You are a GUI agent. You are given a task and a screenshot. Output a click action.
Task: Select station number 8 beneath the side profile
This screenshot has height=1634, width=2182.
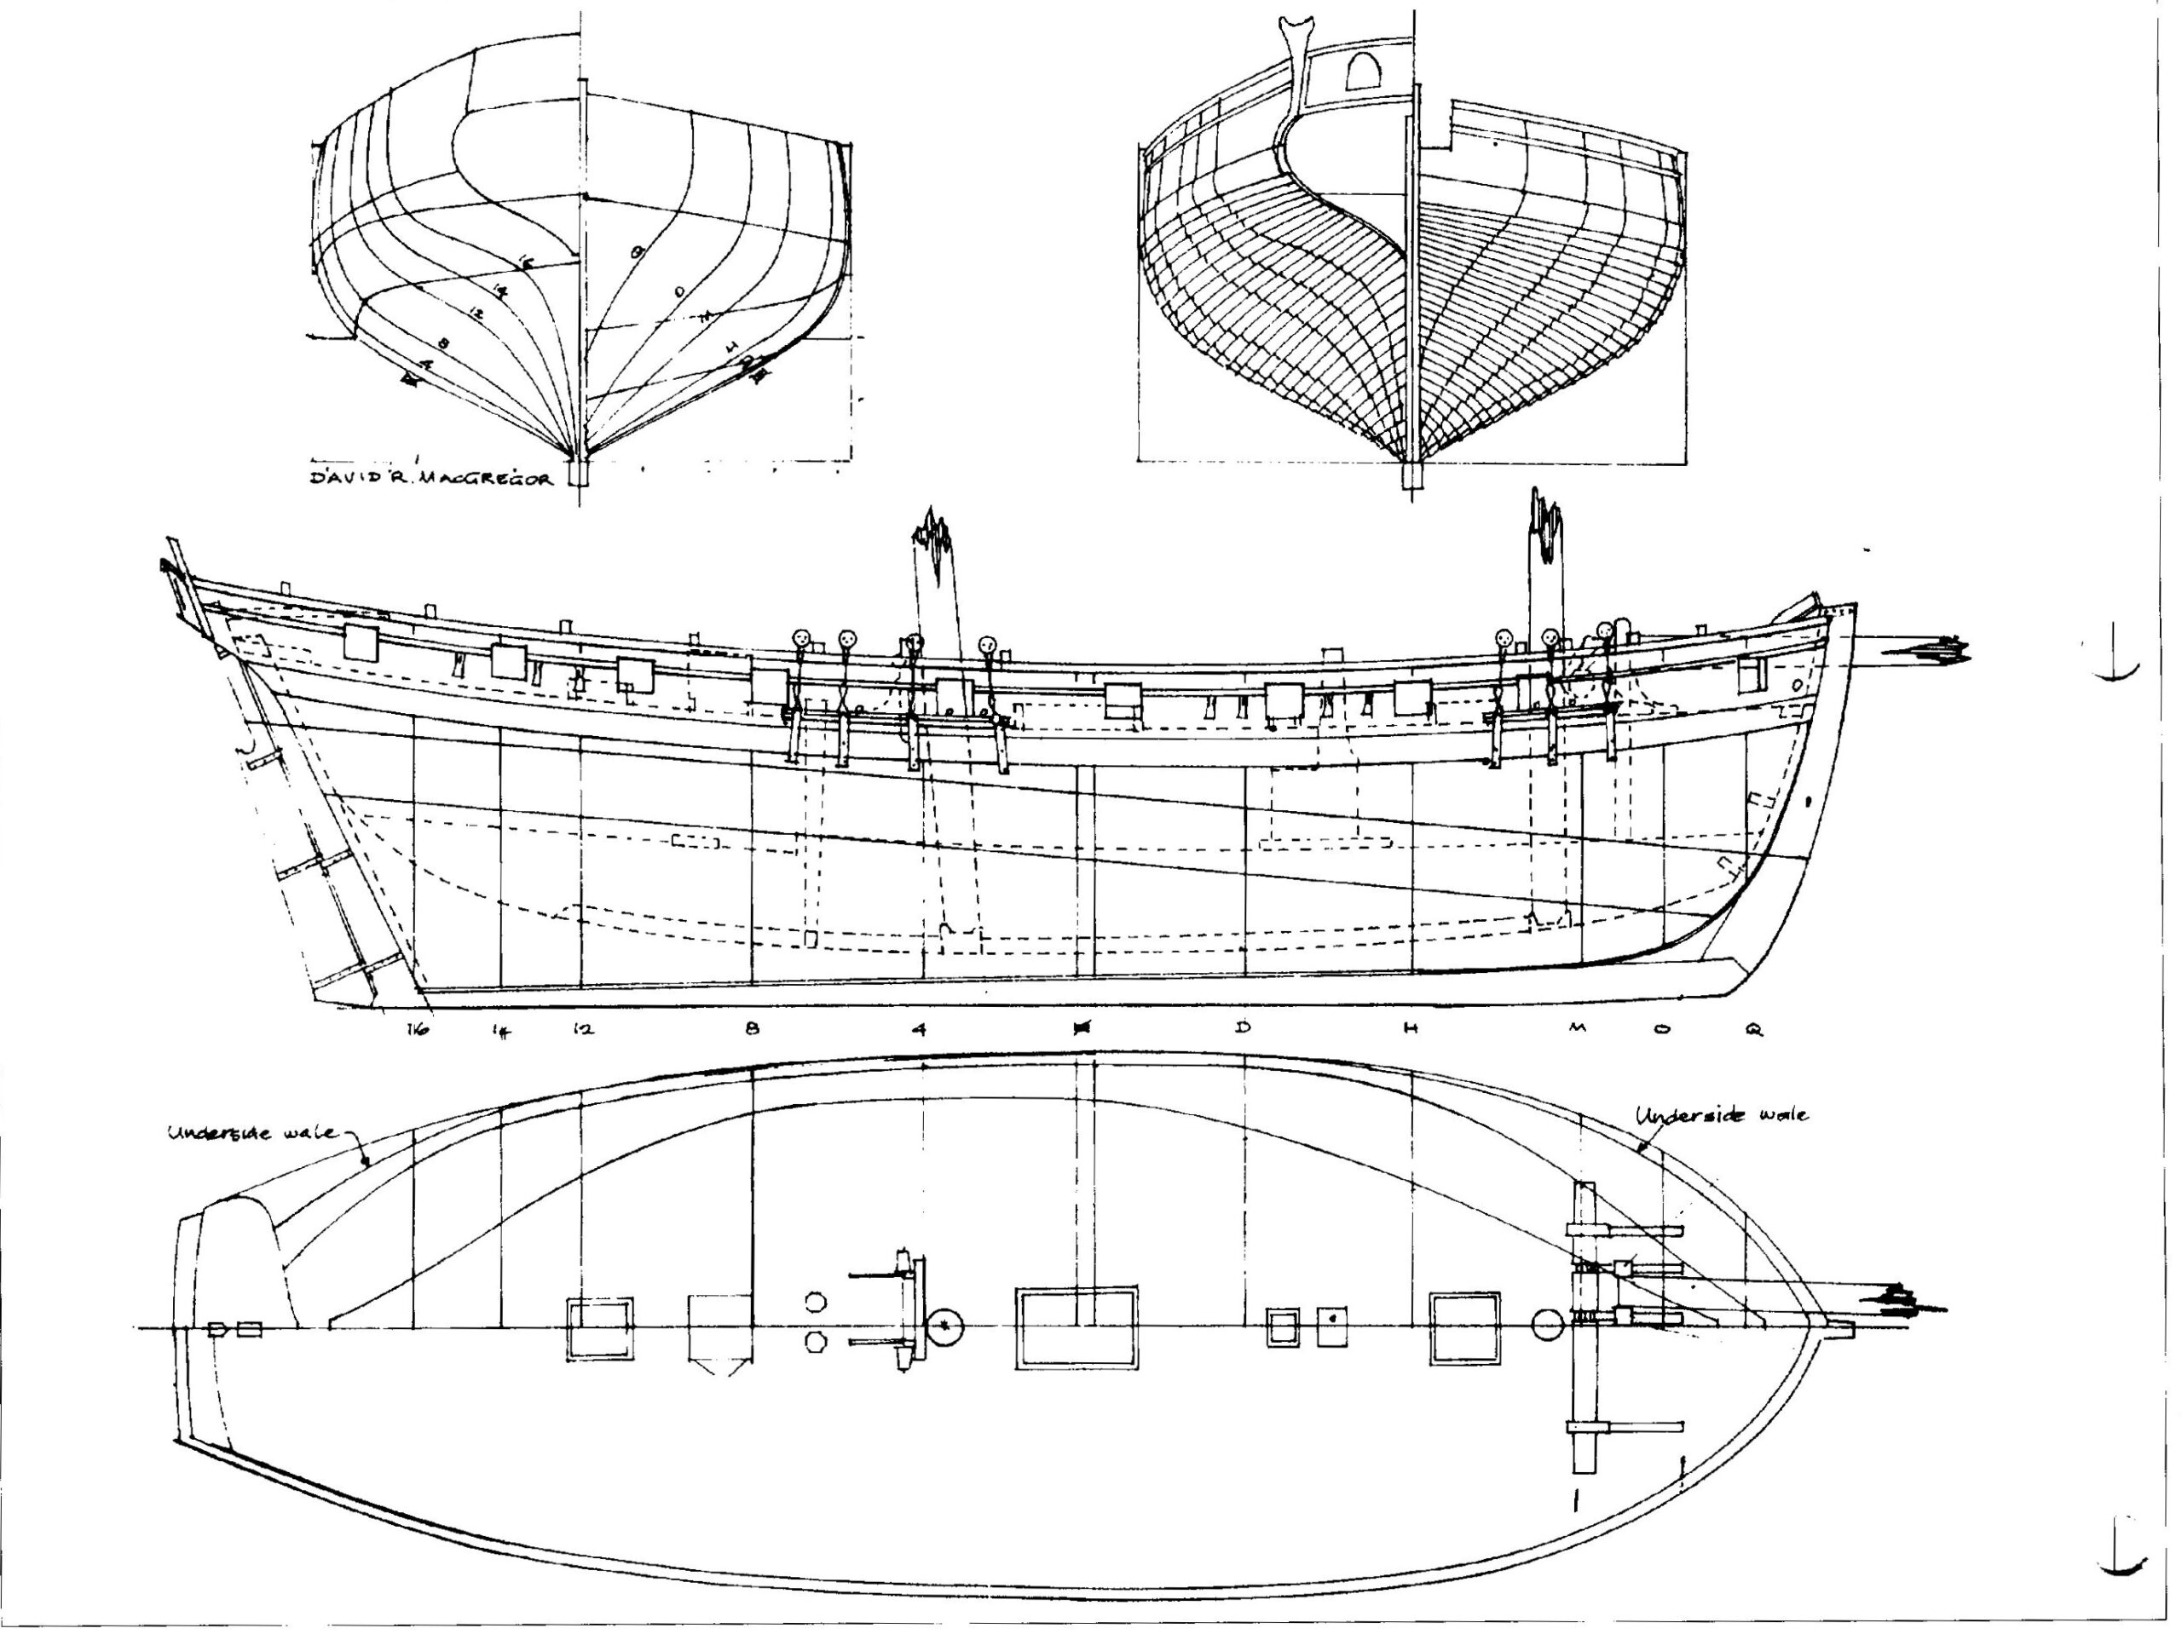(x=753, y=1028)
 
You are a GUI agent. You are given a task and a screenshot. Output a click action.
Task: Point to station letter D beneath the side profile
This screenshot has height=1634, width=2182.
(x=1243, y=1027)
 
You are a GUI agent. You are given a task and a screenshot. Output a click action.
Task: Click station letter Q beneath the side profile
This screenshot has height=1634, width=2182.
(x=1753, y=1029)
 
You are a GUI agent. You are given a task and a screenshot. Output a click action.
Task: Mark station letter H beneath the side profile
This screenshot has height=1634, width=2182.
(x=1411, y=1028)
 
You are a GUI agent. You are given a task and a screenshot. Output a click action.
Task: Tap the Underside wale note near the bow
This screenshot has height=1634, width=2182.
(x=1722, y=1115)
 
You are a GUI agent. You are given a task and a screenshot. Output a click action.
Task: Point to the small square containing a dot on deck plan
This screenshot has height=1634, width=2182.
(x=1331, y=1327)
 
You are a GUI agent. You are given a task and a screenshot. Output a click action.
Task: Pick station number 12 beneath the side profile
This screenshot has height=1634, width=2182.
(x=583, y=1029)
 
